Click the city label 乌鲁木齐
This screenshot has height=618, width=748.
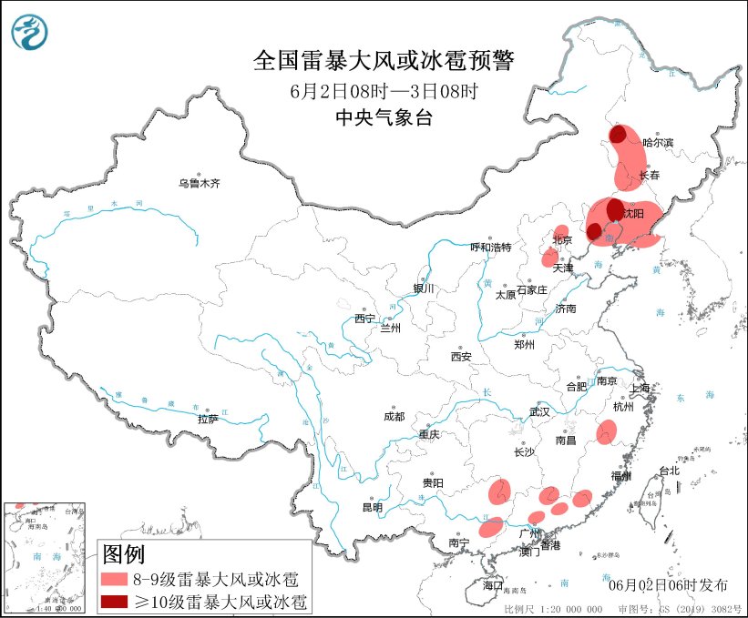tap(199, 183)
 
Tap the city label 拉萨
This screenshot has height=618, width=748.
tap(208, 420)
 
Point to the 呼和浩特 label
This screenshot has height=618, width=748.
tap(491, 248)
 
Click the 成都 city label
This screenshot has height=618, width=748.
tap(394, 416)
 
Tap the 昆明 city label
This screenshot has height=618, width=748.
tap(372, 507)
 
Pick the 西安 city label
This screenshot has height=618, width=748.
tap(459, 358)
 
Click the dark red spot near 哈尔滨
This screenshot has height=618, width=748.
tap(618, 135)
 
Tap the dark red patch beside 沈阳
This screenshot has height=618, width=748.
tap(615, 208)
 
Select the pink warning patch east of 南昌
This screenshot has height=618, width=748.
tap(607, 433)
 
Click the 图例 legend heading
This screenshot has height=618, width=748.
tap(123, 553)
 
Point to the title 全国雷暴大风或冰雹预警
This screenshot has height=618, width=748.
tap(383, 61)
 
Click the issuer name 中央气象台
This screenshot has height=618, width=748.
tap(383, 117)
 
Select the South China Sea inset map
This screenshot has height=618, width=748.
tap(46, 556)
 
